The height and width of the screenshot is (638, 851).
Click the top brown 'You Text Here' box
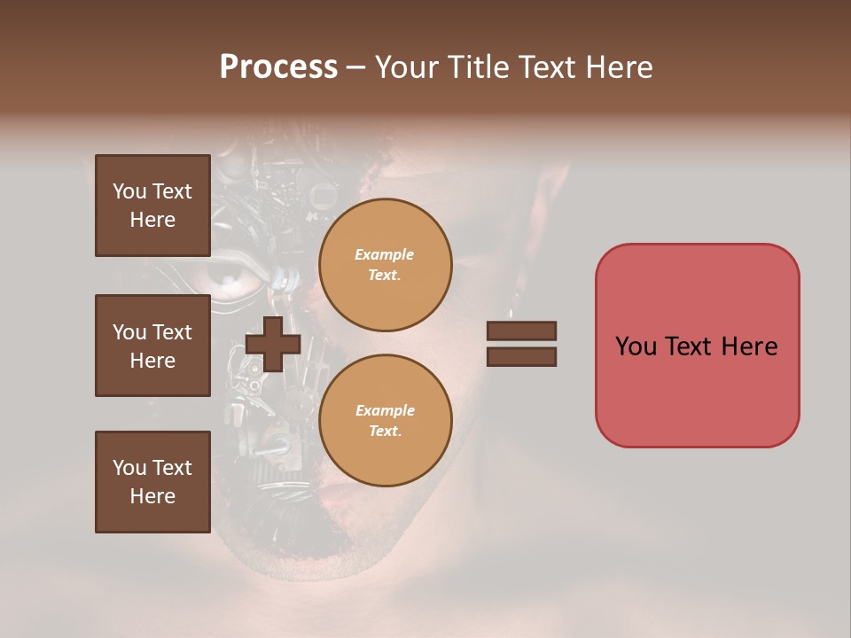(x=152, y=206)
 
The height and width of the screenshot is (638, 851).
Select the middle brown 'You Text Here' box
(x=152, y=346)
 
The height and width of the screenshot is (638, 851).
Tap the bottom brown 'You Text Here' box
(x=152, y=482)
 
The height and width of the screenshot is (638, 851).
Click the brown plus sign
(x=273, y=345)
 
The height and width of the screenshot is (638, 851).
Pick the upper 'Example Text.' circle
(x=385, y=264)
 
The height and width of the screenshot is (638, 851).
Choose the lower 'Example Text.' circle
(x=385, y=420)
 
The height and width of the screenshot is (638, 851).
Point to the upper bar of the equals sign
(x=521, y=331)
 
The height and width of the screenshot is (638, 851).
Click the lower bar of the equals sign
(x=521, y=357)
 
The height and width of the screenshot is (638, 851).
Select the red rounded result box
(x=697, y=346)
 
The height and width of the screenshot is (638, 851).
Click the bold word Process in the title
(x=278, y=67)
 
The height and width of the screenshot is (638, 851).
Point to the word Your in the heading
(x=409, y=67)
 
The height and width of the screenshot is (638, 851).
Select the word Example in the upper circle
(x=385, y=254)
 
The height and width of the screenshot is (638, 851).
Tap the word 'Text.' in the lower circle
(x=385, y=431)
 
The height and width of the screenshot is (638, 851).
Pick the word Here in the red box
(x=749, y=346)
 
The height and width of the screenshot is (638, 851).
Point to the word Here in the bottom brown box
(x=152, y=496)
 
